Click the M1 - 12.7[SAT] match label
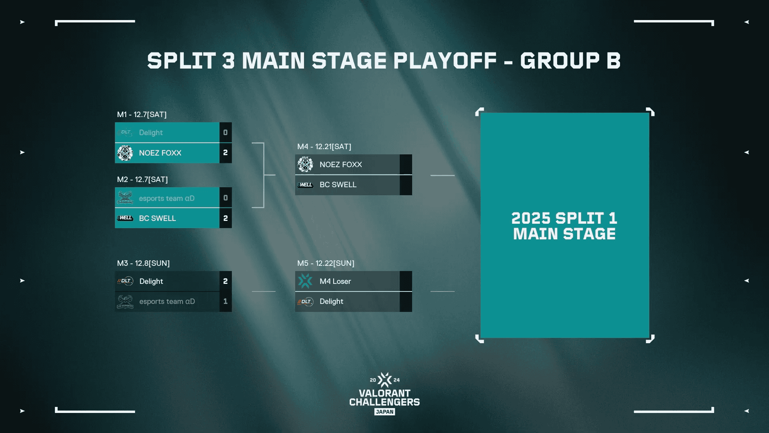(141, 115)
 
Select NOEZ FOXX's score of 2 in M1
(225, 153)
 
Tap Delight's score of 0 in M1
(225, 133)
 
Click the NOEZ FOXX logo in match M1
(125, 153)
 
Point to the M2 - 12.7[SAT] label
(142, 180)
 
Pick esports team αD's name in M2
(167, 198)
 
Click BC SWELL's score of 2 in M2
(225, 219)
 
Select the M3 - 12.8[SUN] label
(143, 263)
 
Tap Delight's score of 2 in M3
(225, 281)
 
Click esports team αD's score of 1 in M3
(225, 301)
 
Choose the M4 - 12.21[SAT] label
(324, 147)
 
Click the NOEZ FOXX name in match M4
(340, 165)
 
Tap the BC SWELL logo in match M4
(306, 185)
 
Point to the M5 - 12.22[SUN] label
(326, 263)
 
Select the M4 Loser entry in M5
(335, 281)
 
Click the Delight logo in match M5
(306, 301)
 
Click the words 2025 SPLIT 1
(564, 219)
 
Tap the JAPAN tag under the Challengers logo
(384, 412)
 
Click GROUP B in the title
(570, 61)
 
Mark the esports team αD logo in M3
(125, 302)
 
